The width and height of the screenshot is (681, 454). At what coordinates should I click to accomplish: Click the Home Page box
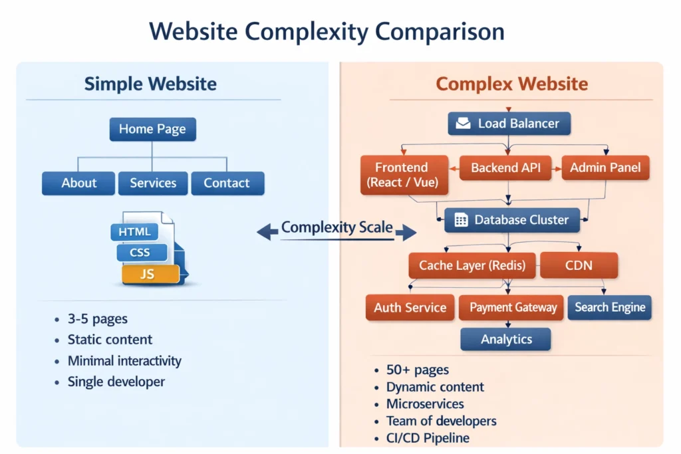tap(152, 129)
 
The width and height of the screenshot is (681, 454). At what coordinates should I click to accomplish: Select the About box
tap(78, 183)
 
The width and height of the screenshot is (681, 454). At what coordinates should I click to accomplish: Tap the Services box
tap(153, 183)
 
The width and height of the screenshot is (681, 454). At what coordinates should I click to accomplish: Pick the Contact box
tap(227, 183)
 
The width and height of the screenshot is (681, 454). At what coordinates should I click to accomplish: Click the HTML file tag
tap(134, 232)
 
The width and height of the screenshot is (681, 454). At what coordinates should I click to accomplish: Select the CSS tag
tap(140, 253)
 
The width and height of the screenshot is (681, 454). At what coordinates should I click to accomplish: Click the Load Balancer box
tap(509, 123)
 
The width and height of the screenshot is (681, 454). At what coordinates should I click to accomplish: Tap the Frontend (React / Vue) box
tap(402, 175)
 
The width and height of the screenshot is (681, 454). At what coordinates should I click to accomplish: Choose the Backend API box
tap(507, 168)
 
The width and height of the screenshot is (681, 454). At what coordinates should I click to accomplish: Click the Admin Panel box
tap(605, 168)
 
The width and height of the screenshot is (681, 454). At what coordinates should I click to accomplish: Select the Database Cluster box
tap(511, 220)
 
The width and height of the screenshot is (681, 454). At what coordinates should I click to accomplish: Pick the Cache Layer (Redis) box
tap(472, 265)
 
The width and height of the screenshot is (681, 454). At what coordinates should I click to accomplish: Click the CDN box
tap(579, 265)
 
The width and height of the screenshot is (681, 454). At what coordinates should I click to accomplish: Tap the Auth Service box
tap(410, 307)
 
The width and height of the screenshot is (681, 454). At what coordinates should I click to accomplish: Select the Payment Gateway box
tap(512, 307)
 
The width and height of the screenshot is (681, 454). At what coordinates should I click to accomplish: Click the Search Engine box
tap(609, 307)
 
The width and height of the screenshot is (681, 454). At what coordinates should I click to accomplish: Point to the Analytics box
tap(506, 339)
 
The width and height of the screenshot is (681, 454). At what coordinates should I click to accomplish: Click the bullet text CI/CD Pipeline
tap(428, 437)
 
